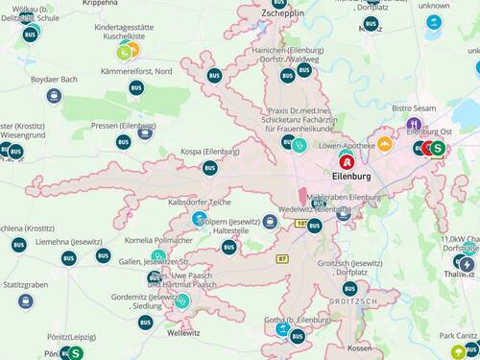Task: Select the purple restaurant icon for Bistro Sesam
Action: click(414, 125)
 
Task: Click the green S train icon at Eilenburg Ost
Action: click(438, 148)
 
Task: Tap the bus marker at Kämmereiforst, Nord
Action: click(136, 88)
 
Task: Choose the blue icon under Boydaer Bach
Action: click(54, 95)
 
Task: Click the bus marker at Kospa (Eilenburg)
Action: click(209, 168)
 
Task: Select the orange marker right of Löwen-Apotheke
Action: click(384, 145)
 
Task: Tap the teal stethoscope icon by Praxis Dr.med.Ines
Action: click(300, 145)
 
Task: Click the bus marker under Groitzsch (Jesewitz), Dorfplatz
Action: click(349, 288)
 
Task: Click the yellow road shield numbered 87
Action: click(282, 259)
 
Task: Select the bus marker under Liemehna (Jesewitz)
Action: click(68, 258)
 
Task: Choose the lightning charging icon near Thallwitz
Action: click(467, 264)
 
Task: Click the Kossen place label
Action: click(359, 348)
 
